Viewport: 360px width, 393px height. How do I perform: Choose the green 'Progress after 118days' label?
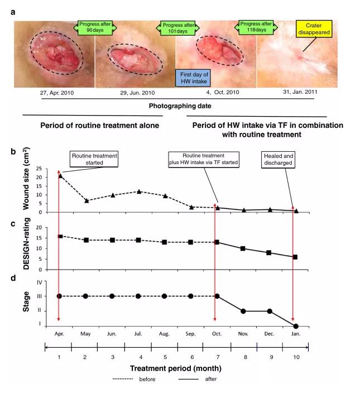pyautogui.click(x=257, y=27)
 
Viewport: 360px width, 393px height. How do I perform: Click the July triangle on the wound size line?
pyautogui.click(x=138, y=191)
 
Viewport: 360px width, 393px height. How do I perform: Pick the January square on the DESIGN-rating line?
pyautogui.click(x=295, y=257)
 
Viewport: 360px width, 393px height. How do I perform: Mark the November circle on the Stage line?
pyautogui.click(x=243, y=311)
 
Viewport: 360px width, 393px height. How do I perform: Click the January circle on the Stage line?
pyautogui.click(x=295, y=326)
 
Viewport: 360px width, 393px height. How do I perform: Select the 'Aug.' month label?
pyautogui.click(x=165, y=333)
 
